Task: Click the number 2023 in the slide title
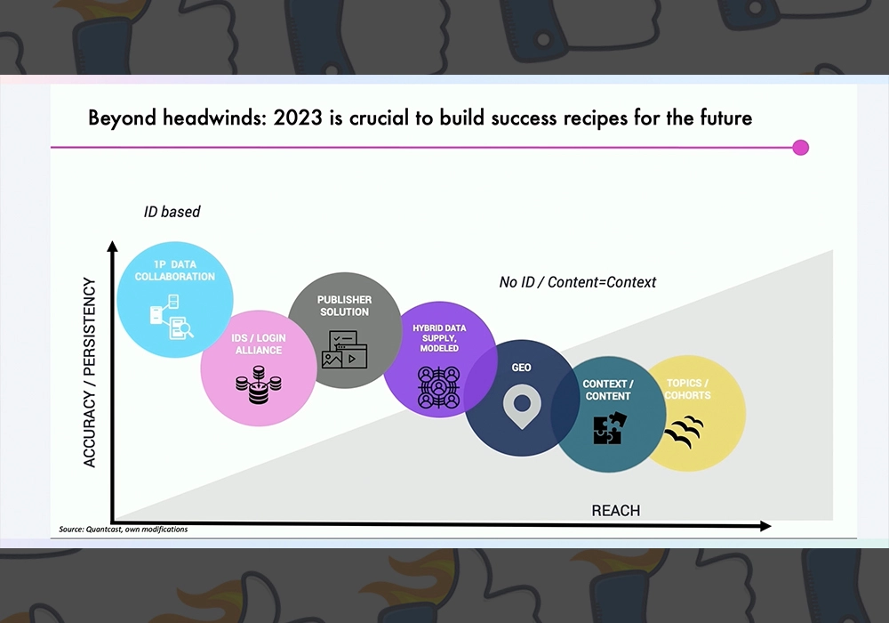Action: (x=298, y=118)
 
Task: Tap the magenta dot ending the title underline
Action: (x=800, y=148)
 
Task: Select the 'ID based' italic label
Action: (x=172, y=212)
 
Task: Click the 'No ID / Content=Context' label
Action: (x=577, y=282)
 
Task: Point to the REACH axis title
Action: (x=616, y=511)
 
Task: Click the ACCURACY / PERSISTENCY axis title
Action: (x=90, y=372)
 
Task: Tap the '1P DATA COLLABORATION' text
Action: (x=174, y=271)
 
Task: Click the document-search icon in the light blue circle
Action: (x=172, y=317)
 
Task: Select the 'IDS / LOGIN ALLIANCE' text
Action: (x=259, y=344)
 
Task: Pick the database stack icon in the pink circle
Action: (x=259, y=384)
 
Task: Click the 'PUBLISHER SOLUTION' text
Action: (x=344, y=306)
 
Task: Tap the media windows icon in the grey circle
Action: (x=344, y=350)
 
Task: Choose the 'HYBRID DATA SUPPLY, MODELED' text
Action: (x=439, y=338)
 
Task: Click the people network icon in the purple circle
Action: (x=439, y=387)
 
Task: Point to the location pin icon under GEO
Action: (x=522, y=406)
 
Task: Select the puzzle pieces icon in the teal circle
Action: (x=610, y=428)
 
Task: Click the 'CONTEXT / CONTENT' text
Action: (x=608, y=390)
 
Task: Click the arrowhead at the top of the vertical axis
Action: (x=112, y=247)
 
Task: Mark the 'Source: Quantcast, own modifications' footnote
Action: (x=123, y=530)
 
